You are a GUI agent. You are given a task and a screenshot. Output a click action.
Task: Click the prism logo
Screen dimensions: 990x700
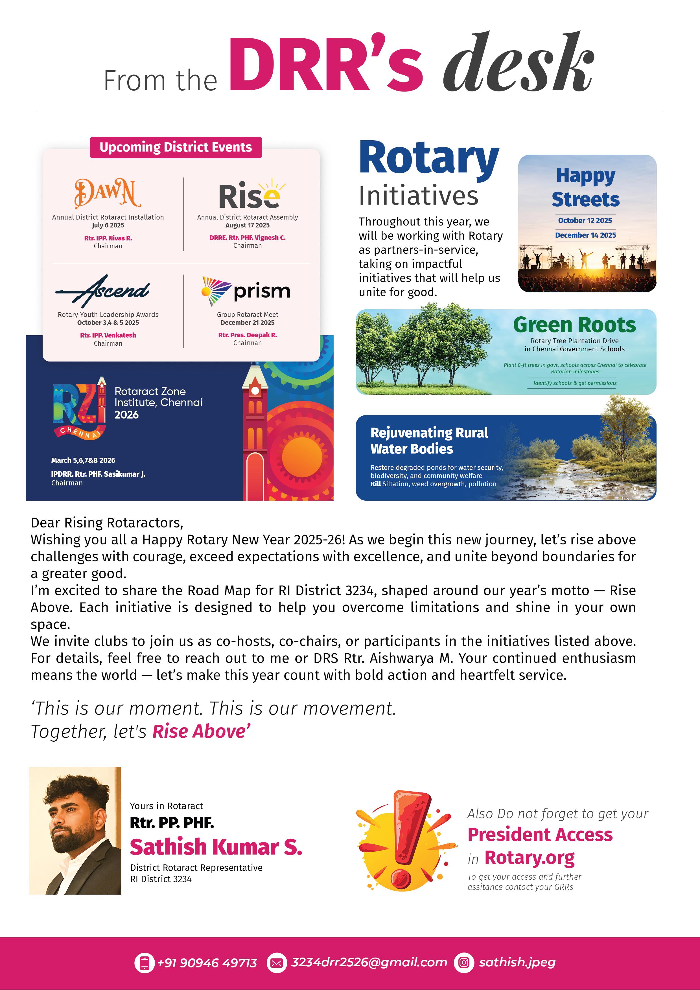(246, 291)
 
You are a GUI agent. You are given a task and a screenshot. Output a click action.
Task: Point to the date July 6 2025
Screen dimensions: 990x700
(108, 225)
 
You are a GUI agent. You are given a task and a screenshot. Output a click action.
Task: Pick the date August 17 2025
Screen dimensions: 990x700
(247, 225)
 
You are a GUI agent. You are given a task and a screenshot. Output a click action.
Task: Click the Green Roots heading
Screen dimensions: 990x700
(574, 325)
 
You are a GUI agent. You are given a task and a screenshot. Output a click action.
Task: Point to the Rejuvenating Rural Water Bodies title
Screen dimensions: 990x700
(429, 440)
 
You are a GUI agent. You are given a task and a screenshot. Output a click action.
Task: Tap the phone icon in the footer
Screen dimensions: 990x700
(145, 962)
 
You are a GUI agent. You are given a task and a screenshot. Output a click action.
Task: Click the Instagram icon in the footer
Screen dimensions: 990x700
(464, 962)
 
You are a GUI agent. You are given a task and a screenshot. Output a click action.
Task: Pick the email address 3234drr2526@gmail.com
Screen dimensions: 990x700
(369, 962)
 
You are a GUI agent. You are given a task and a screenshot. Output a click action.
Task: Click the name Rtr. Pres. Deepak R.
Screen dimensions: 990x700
(247, 335)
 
